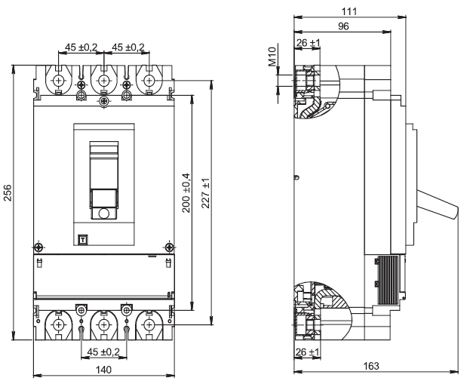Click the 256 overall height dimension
[x=8, y=193]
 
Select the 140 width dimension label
[x=103, y=370]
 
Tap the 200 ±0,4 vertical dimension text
[x=186, y=193]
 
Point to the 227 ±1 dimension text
[x=205, y=193]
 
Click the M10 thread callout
[x=272, y=57]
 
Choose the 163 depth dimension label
[x=371, y=366]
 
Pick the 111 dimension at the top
[x=349, y=11]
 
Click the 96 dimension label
[x=343, y=26]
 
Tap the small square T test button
[x=83, y=239]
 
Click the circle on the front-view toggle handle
[x=104, y=213]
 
